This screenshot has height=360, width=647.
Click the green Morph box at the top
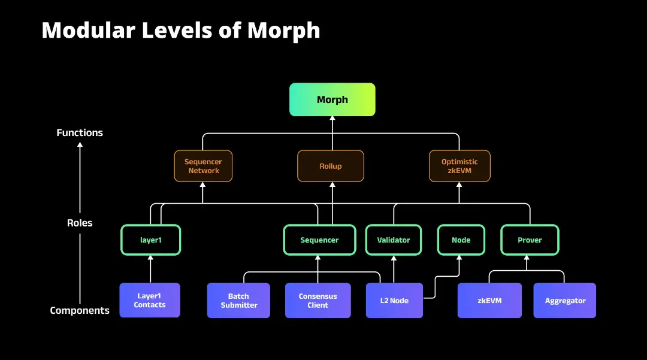coord(332,99)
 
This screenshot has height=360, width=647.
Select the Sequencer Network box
coord(203,166)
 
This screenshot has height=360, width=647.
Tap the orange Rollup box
coord(330,166)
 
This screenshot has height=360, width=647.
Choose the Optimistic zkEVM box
coord(459,166)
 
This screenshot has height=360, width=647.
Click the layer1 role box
coord(150,240)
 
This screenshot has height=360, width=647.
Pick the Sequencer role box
coord(319,240)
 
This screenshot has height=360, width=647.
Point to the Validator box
coord(394,240)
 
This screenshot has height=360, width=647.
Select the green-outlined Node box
coord(461,240)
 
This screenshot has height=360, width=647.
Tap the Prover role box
coord(530,240)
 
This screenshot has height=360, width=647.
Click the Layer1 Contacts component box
coord(150,300)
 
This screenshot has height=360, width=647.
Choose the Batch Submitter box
coord(238,300)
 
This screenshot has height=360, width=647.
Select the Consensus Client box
coord(318,300)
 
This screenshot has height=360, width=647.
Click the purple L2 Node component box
coord(395,300)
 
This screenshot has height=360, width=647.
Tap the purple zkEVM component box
coord(489,300)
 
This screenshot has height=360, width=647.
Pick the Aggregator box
coord(565,300)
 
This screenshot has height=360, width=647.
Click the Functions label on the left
coord(80,132)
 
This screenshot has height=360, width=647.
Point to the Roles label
coord(80,223)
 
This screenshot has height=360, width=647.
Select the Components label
coord(80,310)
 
